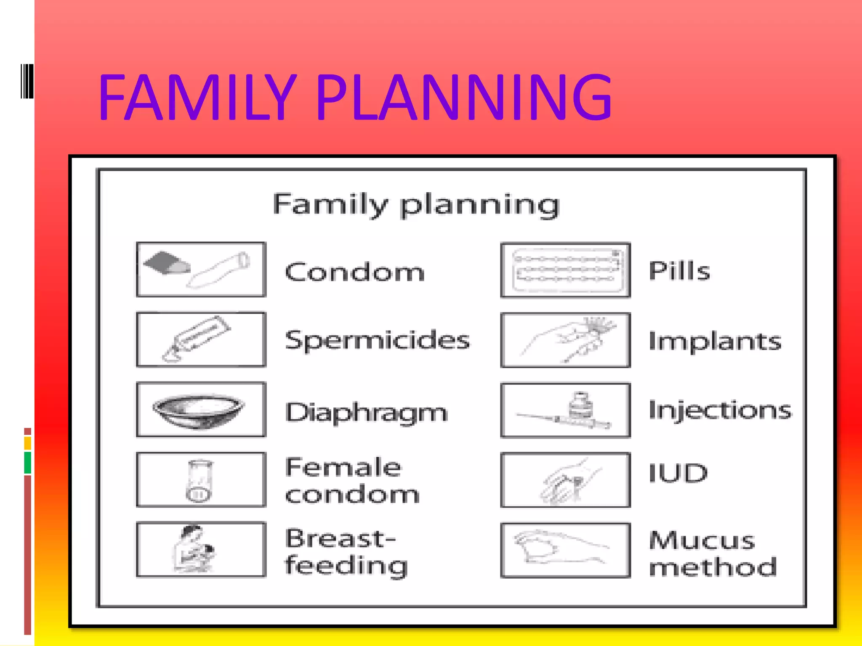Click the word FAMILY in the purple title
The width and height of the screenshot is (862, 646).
coord(198,98)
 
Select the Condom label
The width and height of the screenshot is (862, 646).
coord(355,272)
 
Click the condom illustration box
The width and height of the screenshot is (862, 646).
coord(201,270)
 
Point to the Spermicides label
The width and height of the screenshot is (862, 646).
coord(377,340)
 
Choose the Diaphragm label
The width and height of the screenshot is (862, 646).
coord(366,413)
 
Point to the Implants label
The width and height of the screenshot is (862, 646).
coord(715,341)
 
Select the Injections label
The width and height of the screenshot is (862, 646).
coord(720,410)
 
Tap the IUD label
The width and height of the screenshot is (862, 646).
coord(678,473)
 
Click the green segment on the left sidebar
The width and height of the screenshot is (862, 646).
coord(28,463)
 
